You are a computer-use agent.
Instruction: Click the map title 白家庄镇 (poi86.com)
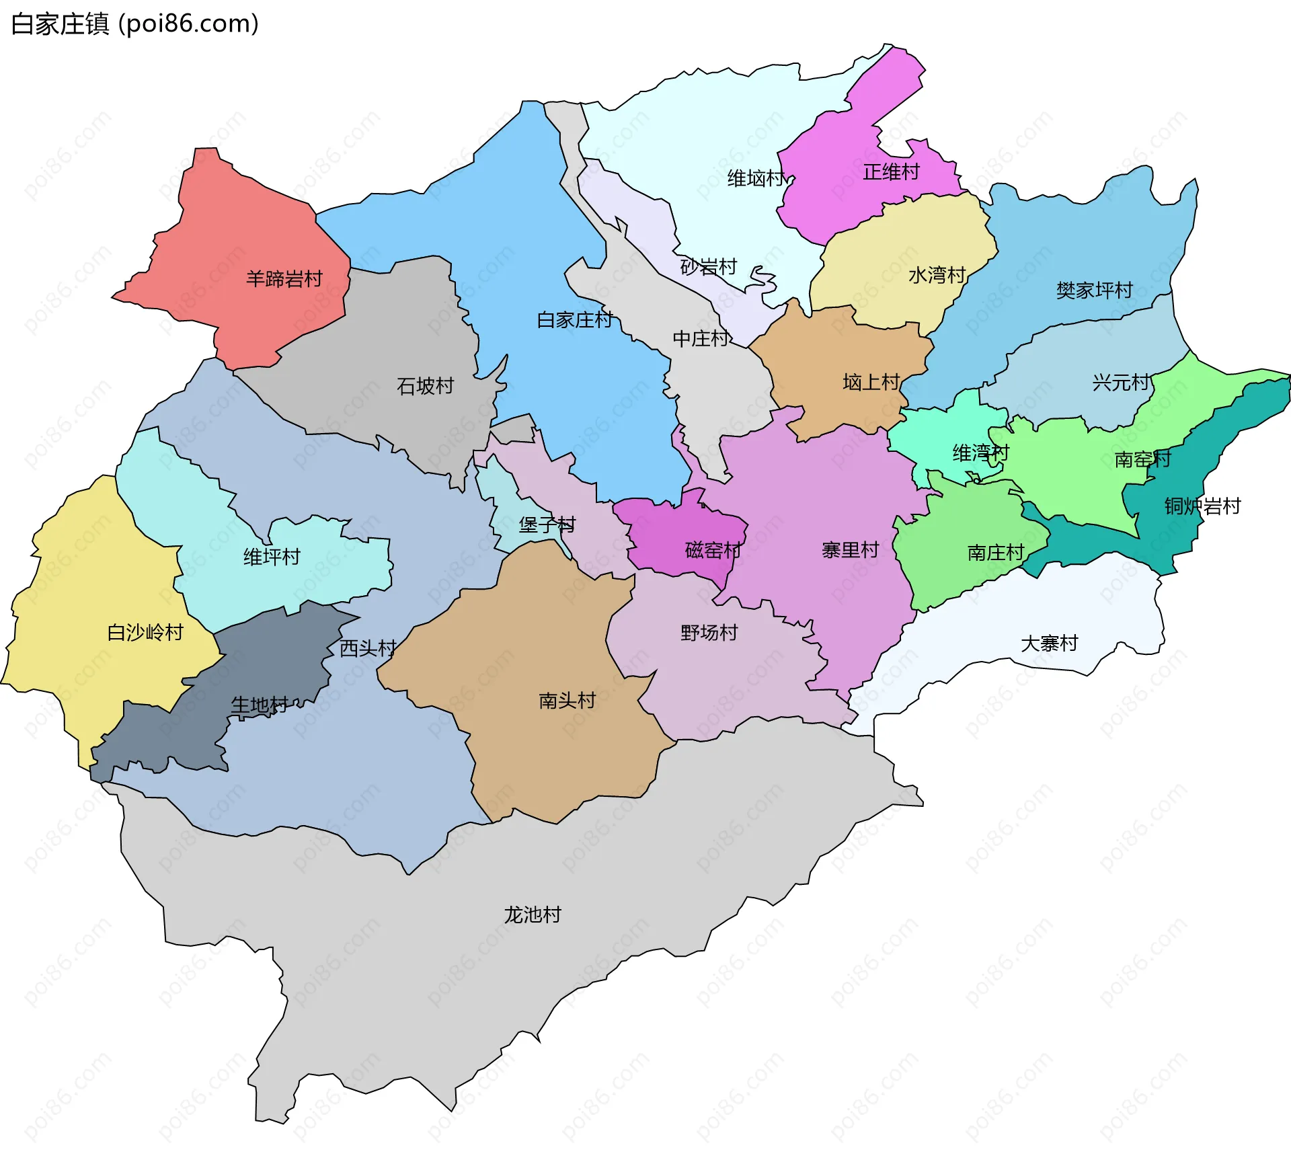(x=134, y=24)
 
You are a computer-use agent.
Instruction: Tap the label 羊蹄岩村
(x=284, y=278)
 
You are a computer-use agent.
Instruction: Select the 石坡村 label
(x=425, y=386)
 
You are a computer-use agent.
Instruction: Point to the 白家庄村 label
(x=574, y=320)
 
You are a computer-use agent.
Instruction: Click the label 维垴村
(x=756, y=178)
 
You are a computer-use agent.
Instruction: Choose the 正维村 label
(x=891, y=172)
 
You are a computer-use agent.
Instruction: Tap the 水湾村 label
(x=937, y=275)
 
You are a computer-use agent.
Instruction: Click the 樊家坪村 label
(x=1094, y=290)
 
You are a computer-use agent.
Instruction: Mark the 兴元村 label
(x=1120, y=383)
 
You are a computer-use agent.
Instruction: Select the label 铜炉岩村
(x=1202, y=506)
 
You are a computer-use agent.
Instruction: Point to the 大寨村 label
(x=1049, y=644)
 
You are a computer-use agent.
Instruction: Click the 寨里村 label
(x=850, y=550)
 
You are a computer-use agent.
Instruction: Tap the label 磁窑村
(x=713, y=551)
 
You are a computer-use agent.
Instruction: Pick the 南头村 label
(x=567, y=701)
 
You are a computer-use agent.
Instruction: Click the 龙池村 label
(x=532, y=914)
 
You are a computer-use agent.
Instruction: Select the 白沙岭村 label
(x=145, y=632)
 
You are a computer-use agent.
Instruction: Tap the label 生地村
(x=259, y=705)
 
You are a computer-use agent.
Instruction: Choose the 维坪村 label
(x=272, y=557)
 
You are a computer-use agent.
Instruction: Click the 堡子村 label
(x=547, y=524)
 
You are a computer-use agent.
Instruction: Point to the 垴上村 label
(x=871, y=383)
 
